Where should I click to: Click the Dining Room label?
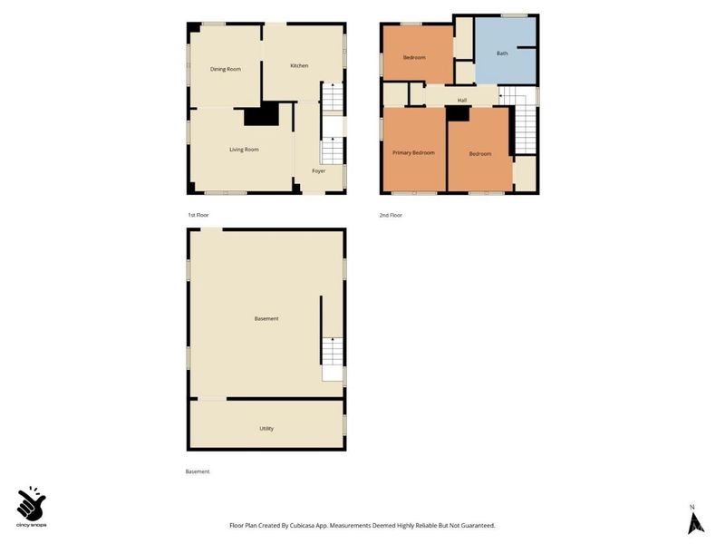(x=226, y=69)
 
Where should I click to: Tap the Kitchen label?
(x=299, y=65)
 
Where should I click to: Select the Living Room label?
(x=244, y=149)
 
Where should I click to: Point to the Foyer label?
(x=318, y=170)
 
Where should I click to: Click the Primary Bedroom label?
(x=413, y=153)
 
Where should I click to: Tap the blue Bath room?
(x=504, y=53)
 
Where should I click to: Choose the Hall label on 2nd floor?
(x=461, y=100)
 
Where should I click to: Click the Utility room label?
(x=266, y=428)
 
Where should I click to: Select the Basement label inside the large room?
(x=266, y=318)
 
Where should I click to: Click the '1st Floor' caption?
(x=198, y=215)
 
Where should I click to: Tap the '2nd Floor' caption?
(x=391, y=215)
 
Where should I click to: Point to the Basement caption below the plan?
(x=197, y=471)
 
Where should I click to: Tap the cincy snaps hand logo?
(x=33, y=502)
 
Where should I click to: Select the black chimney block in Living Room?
(x=263, y=116)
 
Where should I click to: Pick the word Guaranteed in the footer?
(x=475, y=526)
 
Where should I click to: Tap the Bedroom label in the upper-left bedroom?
(x=414, y=57)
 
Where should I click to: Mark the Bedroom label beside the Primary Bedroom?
(x=479, y=153)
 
